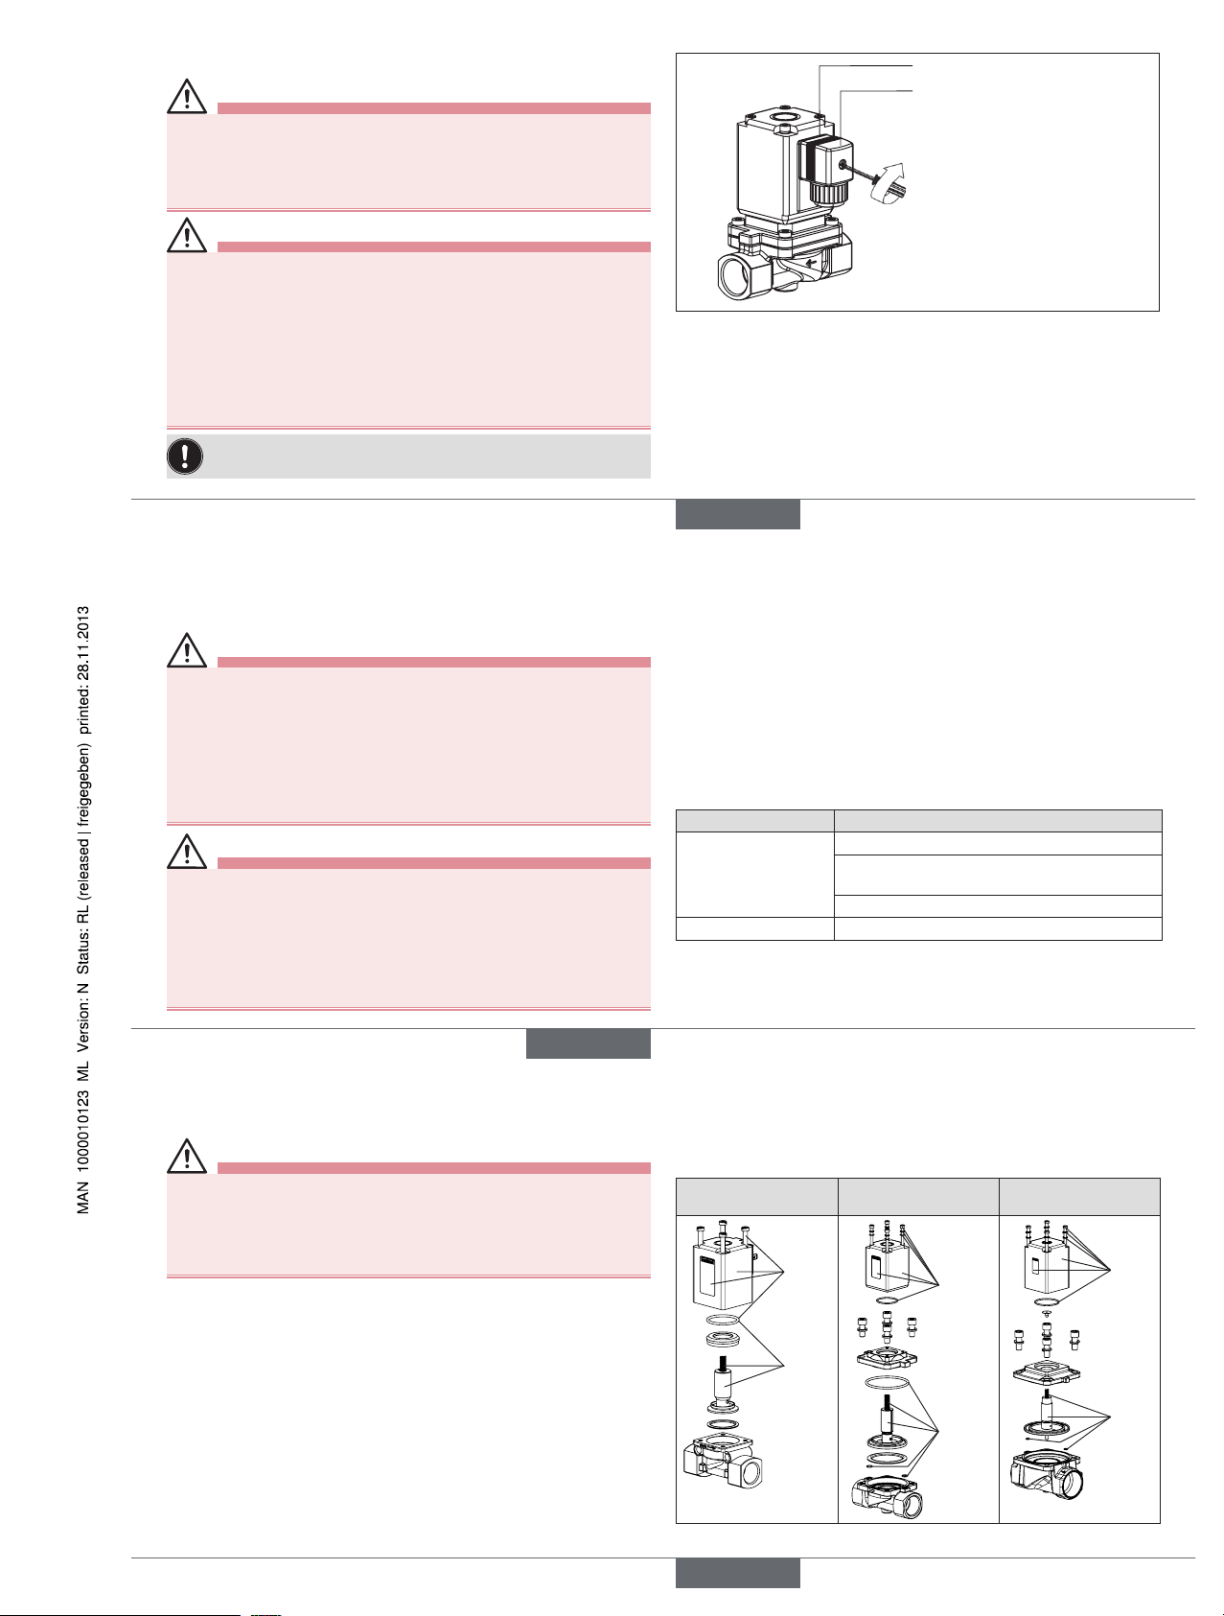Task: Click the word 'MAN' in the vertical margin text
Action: tap(84, 1198)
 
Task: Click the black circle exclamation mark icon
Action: tap(185, 457)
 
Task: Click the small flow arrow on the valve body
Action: tap(813, 260)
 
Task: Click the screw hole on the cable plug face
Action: tap(842, 165)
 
